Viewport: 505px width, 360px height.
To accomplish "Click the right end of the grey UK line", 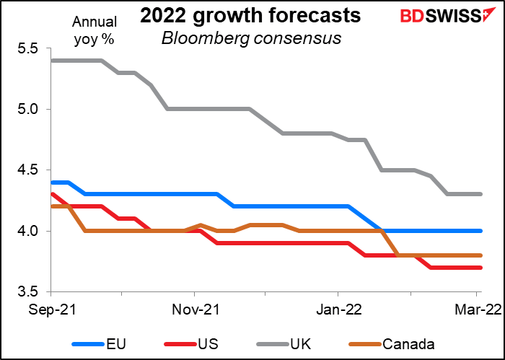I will coord(481,194).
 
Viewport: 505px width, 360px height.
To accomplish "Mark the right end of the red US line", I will coord(481,267).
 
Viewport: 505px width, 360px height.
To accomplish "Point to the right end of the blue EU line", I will coord(481,231).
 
